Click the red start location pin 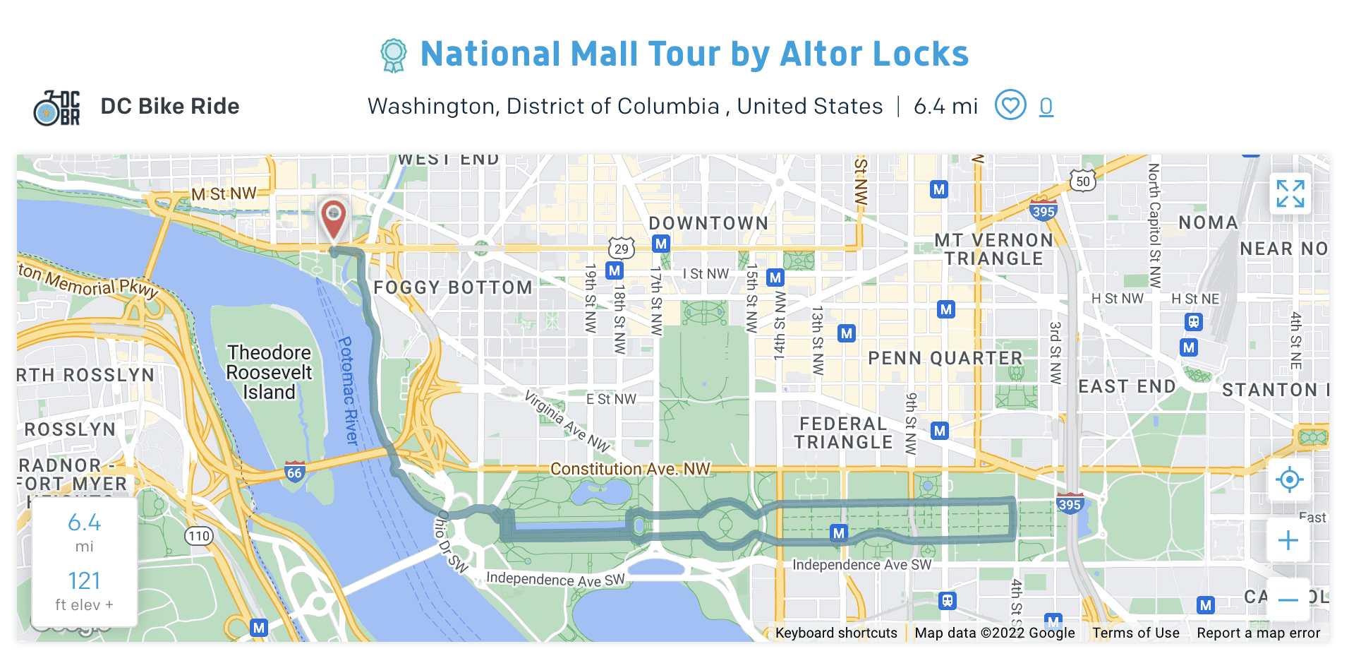(x=333, y=218)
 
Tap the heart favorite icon (x=1010, y=106)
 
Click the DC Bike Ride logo (x=57, y=108)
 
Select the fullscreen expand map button (x=1290, y=193)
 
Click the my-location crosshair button (x=1289, y=479)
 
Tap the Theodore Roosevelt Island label (x=269, y=372)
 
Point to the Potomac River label (x=349, y=390)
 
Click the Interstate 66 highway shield (x=294, y=472)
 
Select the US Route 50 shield (x=1083, y=181)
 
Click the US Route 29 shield (x=621, y=249)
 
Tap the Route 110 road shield (x=199, y=536)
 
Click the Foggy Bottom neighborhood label (x=453, y=288)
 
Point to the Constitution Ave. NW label (x=630, y=469)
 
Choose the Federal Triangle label (x=843, y=433)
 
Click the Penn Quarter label (x=945, y=359)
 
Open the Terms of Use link (x=1135, y=633)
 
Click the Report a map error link (x=1258, y=633)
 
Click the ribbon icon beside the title (x=393, y=55)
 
